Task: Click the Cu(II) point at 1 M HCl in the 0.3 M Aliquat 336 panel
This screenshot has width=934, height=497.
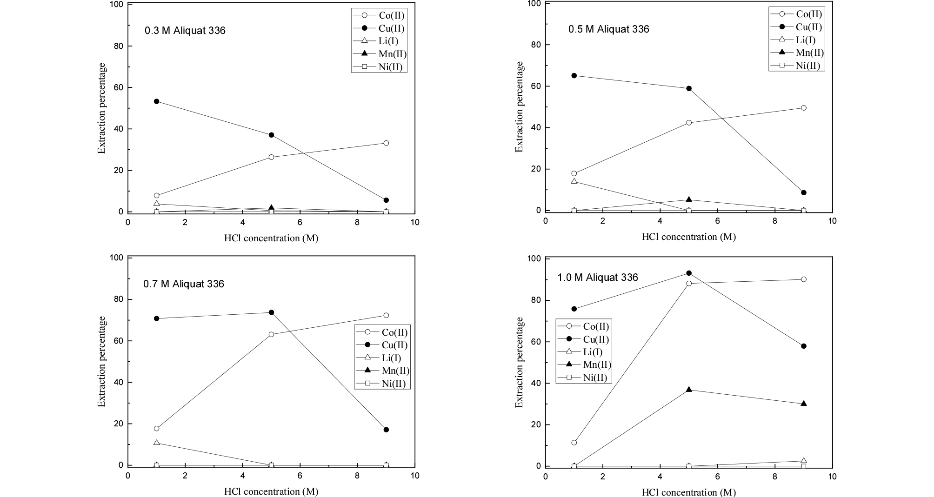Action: pos(156,101)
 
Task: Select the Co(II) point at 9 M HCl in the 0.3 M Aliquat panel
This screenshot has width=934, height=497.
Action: pos(386,143)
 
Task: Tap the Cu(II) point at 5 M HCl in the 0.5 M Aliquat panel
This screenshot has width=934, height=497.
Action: pos(689,88)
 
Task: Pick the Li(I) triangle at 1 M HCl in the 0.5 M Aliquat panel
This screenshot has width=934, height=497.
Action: pos(574,181)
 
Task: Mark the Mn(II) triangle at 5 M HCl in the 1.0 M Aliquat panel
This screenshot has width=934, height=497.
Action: pos(689,389)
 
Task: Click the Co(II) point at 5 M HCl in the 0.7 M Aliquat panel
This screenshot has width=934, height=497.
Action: pos(271,334)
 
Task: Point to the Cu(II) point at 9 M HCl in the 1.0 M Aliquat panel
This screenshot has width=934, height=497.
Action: pos(804,346)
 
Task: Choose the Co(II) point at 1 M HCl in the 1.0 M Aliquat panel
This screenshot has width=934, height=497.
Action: pos(574,443)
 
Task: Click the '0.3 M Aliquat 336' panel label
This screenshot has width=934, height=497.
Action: pos(185,31)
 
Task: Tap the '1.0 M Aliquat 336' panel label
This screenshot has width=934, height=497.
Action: pos(598,278)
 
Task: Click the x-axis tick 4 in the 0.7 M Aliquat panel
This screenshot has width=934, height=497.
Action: pos(242,476)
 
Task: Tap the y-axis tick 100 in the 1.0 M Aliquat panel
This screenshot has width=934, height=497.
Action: pos(535,259)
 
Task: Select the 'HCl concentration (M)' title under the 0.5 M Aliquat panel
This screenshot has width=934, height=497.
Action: pos(688,237)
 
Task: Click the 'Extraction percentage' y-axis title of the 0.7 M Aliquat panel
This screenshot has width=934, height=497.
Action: pos(102,361)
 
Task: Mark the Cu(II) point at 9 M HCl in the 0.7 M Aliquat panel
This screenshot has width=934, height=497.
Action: pos(386,430)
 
